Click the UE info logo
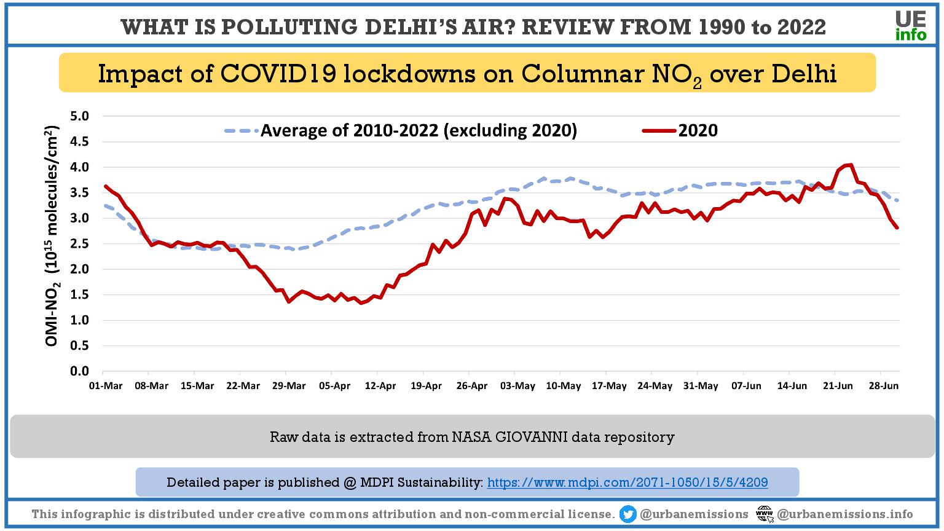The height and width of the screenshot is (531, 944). tap(911, 26)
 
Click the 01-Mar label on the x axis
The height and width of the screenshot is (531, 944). tap(106, 386)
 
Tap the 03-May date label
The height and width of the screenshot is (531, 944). tap(517, 386)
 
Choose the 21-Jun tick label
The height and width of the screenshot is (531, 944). tap(838, 386)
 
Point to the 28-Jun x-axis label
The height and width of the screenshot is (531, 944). tap(883, 386)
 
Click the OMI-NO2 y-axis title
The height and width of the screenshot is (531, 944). tap(53, 237)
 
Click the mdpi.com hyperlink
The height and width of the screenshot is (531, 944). tap(627, 482)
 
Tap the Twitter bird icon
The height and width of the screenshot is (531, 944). tap(627, 514)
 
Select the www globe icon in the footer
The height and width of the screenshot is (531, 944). tap(765, 514)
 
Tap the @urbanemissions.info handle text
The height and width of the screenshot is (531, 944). tap(845, 514)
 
